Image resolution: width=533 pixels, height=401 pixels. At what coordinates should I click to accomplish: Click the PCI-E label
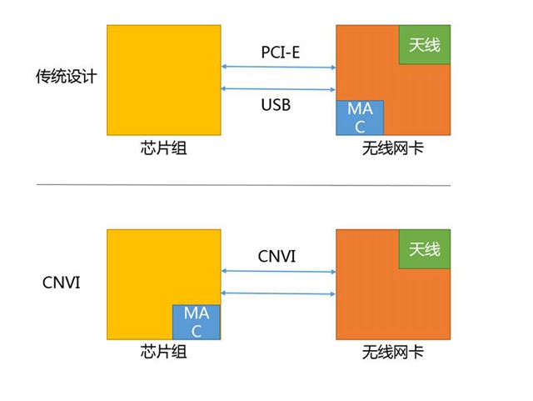click(x=278, y=51)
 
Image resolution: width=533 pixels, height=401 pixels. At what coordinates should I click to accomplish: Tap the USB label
click(x=278, y=106)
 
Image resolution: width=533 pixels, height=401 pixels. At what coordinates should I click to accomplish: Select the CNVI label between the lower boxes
click(x=278, y=255)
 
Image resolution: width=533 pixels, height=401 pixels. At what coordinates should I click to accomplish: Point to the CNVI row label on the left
click(x=62, y=282)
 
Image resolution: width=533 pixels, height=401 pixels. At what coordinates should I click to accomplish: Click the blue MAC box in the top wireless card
click(x=360, y=118)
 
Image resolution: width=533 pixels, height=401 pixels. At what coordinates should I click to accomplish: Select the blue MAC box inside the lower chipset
click(x=196, y=322)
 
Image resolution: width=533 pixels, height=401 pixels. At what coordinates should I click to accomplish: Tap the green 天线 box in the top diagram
click(x=425, y=44)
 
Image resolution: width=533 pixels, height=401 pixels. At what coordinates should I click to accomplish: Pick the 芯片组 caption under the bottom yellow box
click(x=163, y=353)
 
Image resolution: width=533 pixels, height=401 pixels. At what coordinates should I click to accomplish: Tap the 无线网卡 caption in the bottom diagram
click(x=393, y=353)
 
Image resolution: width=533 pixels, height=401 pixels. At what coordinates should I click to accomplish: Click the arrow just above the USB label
click(x=278, y=89)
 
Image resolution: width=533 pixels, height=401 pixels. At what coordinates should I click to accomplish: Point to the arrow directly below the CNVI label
click(x=278, y=271)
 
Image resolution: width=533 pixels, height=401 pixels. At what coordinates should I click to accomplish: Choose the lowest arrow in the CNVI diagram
click(x=278, y=293)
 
